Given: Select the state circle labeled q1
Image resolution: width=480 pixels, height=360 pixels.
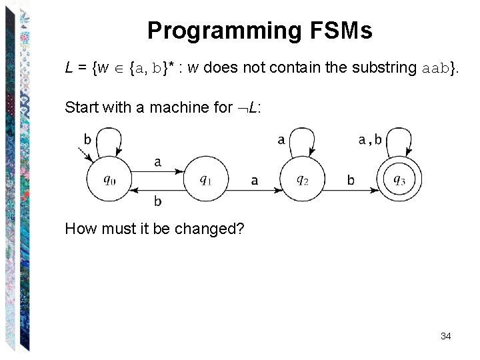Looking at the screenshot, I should click(x=206, y=179).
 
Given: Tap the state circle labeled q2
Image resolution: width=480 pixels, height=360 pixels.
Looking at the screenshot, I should click(x=303, y=179).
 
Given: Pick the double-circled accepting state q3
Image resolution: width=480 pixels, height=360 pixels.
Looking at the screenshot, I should click(x=399, y=179).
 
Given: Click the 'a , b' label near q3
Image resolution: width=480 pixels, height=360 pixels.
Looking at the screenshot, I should click(x=370, y=140).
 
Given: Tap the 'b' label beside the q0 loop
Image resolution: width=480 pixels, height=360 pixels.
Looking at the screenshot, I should click(x=87, y=139).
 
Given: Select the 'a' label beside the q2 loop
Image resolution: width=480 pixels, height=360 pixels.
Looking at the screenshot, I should click(x=281, y=140).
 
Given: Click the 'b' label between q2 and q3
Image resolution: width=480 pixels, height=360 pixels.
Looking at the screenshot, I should click(x=351, y=180).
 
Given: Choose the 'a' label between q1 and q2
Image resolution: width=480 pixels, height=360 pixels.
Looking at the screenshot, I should click(x=254, y=180).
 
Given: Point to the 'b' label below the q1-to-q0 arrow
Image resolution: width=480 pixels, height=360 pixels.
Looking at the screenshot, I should click(x=157, y=200).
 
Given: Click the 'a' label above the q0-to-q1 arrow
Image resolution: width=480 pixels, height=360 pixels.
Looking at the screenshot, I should click(x=157, y=161).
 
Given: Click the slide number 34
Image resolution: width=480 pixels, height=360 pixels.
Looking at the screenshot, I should click(x=446, y=336).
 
